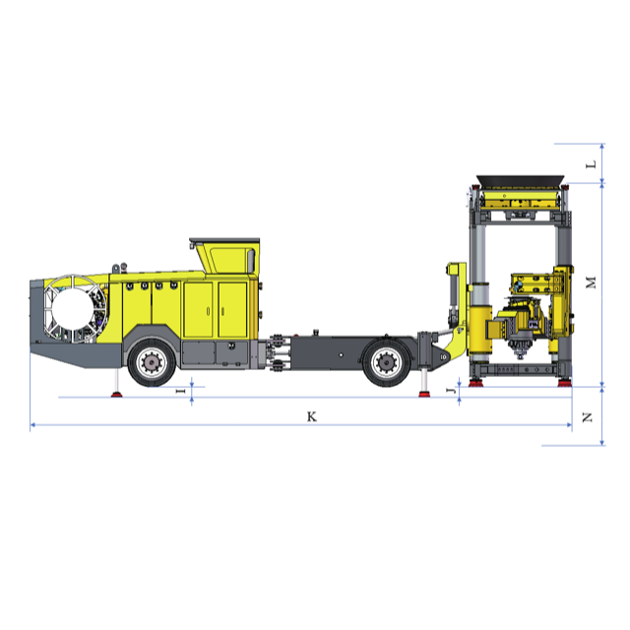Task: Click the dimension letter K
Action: pyautogui.click(x=312, y=416)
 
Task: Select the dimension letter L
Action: pyautogui.click(x=591, y=164)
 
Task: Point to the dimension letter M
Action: pyautogui.click(x=591, y=283)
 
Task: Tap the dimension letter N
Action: pyautogui.click(x=588, y=417)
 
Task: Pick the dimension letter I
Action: pyautogui.click(x=181, y=391)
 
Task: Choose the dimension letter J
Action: pyautogui.click(x=451, y=391)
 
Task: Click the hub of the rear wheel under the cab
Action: pyautogui.click(x=152, y=363)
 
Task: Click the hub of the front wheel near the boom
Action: pyautogui.click(x=386, y=363)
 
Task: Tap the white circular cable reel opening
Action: pyautogui.click(x=73, y=308)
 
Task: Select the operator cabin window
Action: pyautogui.click(x=232, y=259)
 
